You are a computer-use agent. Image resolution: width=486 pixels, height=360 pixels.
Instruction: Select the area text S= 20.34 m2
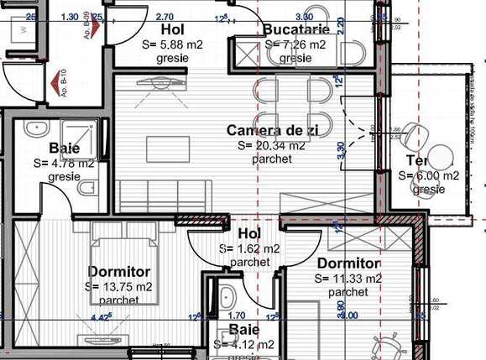[271, 144]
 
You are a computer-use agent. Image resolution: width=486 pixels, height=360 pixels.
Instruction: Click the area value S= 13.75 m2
[118, 286]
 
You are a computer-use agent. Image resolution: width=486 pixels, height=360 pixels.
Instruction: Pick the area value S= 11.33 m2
[349, 279]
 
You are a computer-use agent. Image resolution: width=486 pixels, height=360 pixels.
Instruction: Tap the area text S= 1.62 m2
[249, 249]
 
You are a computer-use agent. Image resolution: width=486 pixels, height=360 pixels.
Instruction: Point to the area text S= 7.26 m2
[295, 44]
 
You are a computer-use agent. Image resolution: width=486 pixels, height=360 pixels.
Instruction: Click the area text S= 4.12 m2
[244, 344]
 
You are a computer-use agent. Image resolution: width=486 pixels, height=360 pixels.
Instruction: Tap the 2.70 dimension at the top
[165, 16]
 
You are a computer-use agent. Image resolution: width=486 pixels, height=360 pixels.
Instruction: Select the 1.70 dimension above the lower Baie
[236, 316]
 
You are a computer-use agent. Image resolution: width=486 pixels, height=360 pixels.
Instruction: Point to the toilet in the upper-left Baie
[86, 190]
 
